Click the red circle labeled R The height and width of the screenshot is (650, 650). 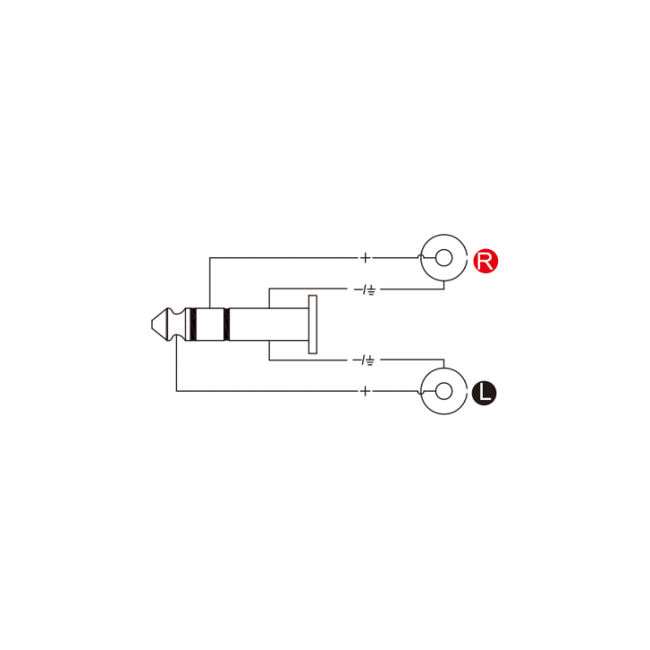[x=485, y=262]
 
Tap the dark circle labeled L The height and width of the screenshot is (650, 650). [x=485, y=393]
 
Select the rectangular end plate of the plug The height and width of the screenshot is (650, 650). [x=313, y=325]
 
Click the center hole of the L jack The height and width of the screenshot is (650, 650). [x=443, y=391]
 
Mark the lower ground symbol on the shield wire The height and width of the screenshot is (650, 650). [x=367, y=361]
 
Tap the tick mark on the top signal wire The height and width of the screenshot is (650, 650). [x=365, y=259]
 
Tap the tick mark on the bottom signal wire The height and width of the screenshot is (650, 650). [x=365, y=391]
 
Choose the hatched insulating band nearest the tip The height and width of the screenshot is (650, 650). [x=191, y=325]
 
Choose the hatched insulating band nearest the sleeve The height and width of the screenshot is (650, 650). [x=227, y=325]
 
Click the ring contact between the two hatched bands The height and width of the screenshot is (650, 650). [x=209, y=325]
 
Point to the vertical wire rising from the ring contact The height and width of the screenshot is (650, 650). [x=209, y=283]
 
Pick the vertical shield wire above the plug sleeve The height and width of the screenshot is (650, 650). [x=269, y=298]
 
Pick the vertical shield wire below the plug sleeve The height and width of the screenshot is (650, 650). [x=269, y=352]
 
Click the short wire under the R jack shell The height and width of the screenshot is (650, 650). [x=445, y=286]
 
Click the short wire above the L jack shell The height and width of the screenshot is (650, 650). [x=445, y=365]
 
